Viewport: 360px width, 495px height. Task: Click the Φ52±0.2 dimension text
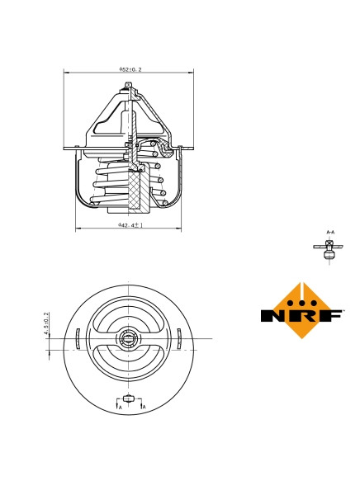[130, 70]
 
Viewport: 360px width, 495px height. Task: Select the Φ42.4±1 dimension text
[130, 224]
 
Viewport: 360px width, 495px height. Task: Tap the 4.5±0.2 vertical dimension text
[47, 323]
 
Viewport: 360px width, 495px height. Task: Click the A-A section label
[330, 233]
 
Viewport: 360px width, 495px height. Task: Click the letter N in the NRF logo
[275, 315]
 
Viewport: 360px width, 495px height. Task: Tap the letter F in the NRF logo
[330, 315]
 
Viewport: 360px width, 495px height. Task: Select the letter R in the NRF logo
[302, 315]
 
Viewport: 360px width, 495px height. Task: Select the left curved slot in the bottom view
[77, 338]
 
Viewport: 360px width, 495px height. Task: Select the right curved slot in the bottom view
[179, 338]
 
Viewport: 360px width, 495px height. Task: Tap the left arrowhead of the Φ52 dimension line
[67, 74]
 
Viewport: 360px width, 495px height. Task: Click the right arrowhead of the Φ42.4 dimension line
[179, 228]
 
